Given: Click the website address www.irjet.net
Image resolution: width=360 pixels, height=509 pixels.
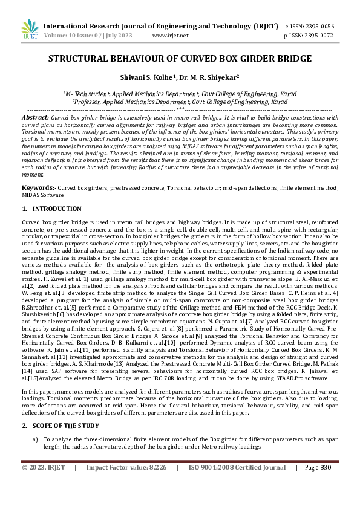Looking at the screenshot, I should click(x=171, y=36).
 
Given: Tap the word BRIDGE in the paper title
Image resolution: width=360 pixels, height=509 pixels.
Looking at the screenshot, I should click(x=292, y=59).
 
